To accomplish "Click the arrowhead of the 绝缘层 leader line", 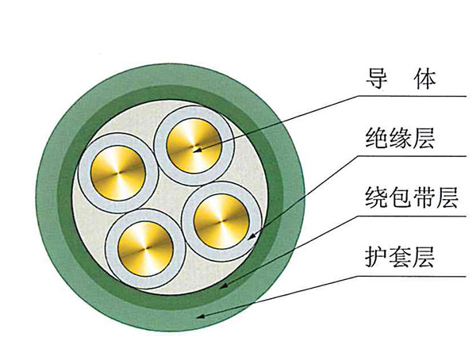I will tap(251, 235).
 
